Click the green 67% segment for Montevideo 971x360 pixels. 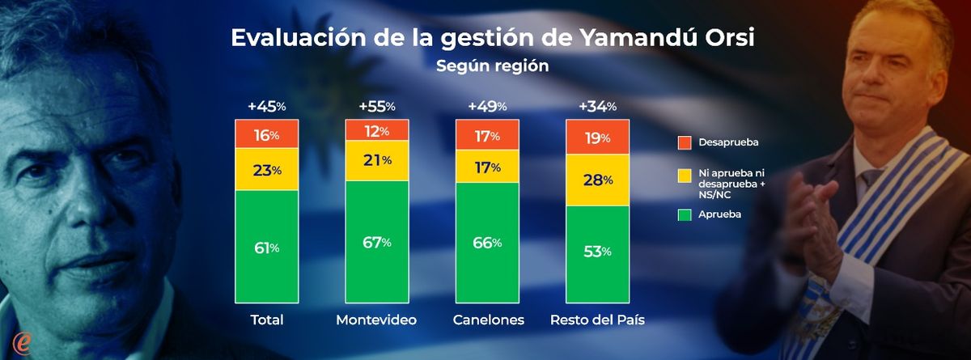tap(376, 242)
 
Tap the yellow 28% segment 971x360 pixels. tap(597, 180)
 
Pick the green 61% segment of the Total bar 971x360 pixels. tap(266, 248)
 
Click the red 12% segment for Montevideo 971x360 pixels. tap(376, 130)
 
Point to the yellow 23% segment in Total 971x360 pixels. tap(266, 170)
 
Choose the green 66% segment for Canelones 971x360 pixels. tap(487, 243)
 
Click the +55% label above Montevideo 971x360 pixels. tap(376, 106)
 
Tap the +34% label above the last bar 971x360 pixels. tap(597, 106)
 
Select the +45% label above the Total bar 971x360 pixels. tap(266, 106)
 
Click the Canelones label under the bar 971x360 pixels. tap(487, 320)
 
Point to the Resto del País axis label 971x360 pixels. tap(597, 320)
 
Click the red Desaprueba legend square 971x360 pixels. tap(684, 142)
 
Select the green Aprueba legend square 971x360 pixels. tap(684, 214)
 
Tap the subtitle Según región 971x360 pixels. tap(492, 66)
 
